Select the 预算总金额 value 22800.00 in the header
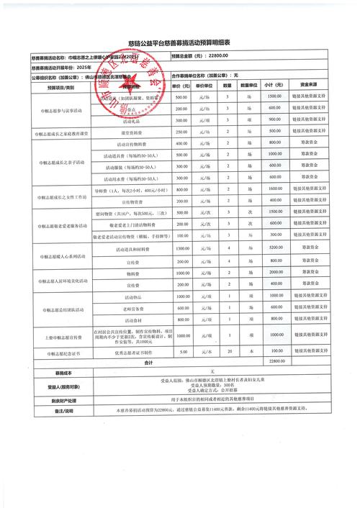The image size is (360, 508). [x=219, y=56]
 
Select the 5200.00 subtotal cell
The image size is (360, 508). [x=274, y=248]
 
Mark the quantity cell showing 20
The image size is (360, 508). [x=229, y=352]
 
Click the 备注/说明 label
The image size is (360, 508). [x=45, y=411]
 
